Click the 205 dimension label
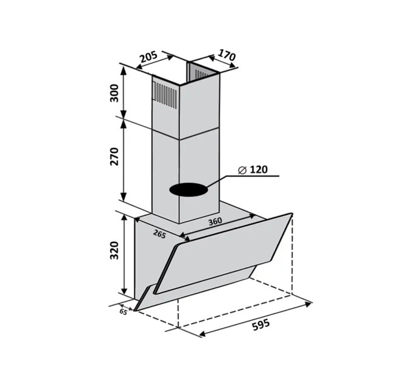click(x=148, y=57)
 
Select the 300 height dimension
click(x=115, y=93)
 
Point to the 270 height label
click(x=115, y=156)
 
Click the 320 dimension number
click(x=115, y=250)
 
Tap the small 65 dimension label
click(x=123, y=312)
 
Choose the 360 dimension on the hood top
click(x=215, y=221)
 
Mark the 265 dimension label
click(x=159, y=234)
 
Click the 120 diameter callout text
click(x=258, y=170)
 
